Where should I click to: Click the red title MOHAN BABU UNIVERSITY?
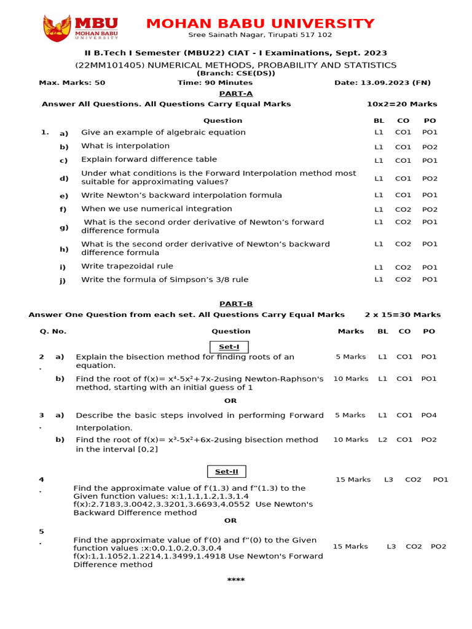coord(260,24)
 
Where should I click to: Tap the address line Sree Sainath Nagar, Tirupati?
coord(260,35)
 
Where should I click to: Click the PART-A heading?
coord(236,93)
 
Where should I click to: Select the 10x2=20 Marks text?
coord(402,104)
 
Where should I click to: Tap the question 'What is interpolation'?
coord(125,146)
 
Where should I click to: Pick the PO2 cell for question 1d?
coord(430,179)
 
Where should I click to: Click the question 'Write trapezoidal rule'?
coord(127,267)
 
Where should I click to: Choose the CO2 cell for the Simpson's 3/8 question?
coord(403,280)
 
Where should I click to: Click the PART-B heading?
coord(236,303)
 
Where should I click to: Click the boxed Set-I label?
coord(229,346)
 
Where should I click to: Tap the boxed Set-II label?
coord(227,472)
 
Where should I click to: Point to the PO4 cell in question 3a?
coord(429,415)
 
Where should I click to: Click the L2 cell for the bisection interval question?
coord(383,440)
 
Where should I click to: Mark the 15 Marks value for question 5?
coord(350,546)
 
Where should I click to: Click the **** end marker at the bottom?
coord(236,580)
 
